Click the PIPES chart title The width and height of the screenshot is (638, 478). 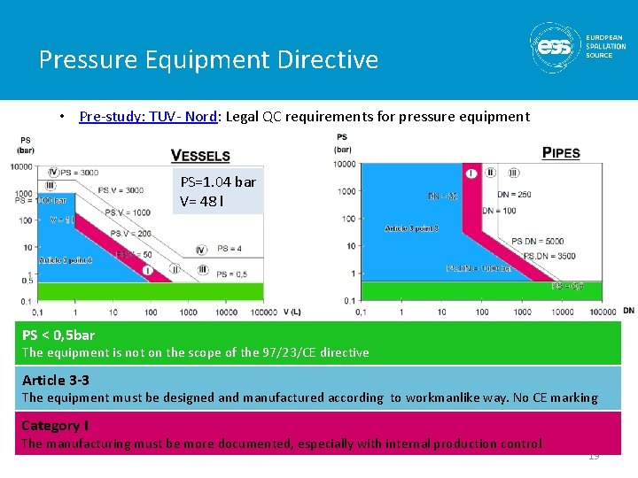point(561,153)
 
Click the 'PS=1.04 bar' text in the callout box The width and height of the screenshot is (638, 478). point(218,181)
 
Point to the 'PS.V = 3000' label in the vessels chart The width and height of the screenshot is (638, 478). point(121,190)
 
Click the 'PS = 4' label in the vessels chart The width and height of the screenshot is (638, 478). point(230,249)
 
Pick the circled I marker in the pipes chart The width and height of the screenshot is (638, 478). point(471,173)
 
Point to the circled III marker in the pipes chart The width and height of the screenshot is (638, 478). point(513,173)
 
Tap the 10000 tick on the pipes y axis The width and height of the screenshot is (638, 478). point(345,164)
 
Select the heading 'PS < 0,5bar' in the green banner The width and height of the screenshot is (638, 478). point(58,335)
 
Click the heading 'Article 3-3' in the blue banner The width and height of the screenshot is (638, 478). point(55,381)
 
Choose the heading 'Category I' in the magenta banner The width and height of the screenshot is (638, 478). point(55,426)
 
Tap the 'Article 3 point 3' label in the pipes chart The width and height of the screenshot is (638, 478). point(411,228)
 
